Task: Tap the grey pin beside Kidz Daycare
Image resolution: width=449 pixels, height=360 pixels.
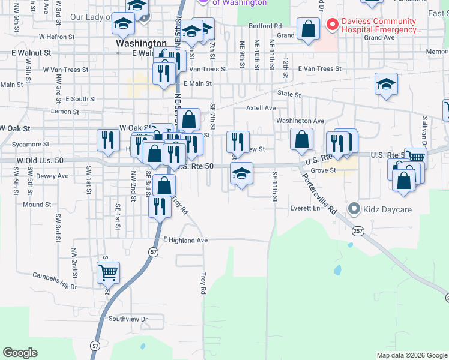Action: (354, 209)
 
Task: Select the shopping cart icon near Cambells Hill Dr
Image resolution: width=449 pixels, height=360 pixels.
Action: (108, 272)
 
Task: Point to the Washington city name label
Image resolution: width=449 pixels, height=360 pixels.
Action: (141, 44)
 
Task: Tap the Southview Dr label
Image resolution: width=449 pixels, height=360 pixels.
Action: (128, 319)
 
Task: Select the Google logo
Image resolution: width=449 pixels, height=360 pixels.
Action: (20, 353)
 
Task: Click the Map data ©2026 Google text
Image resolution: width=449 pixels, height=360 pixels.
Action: (411, 355)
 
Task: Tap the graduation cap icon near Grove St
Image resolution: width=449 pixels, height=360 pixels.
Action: (241, 174)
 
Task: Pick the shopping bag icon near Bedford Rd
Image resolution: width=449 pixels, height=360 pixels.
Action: (308, 29)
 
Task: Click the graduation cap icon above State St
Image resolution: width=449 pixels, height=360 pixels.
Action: (386, 84)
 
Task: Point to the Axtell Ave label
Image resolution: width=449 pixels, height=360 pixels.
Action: (261, 108)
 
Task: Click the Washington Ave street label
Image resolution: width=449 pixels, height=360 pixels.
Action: (300, 121)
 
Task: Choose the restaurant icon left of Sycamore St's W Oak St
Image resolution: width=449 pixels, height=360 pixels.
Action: (105, 140)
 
